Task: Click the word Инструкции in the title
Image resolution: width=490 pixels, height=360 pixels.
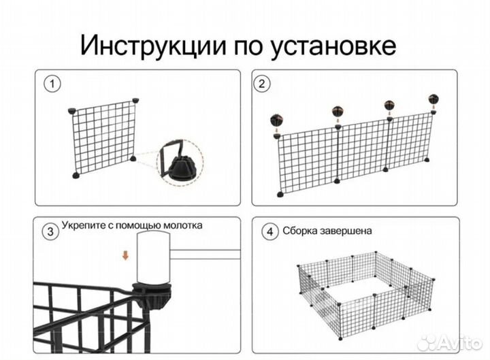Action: (150, 46)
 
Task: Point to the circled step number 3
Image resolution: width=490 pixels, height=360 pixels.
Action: (50, 231)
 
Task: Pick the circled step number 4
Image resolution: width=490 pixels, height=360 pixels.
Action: (270, 231)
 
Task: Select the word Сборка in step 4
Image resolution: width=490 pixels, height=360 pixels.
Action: (300, 231)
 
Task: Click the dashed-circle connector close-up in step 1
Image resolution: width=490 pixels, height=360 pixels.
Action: (180, 163)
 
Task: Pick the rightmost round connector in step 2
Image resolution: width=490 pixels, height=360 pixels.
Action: (434, 99)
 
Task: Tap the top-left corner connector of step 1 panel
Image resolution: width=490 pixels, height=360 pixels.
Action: (73, 110)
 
